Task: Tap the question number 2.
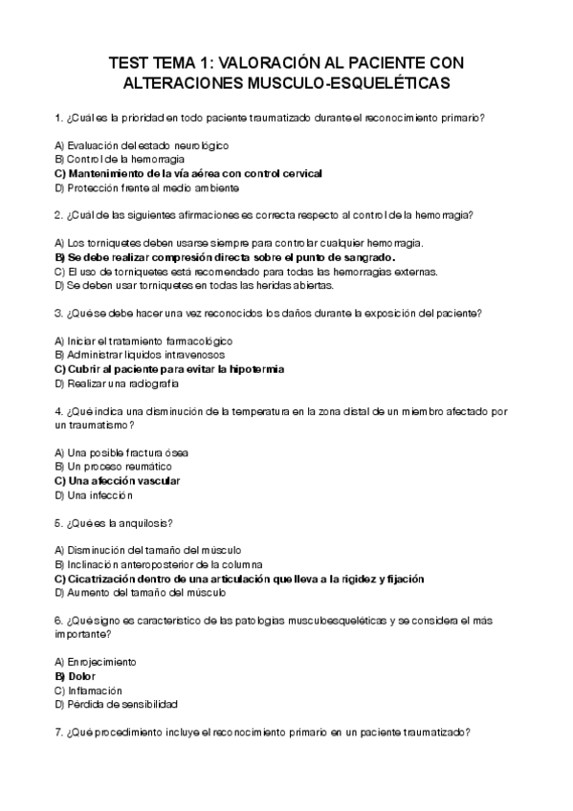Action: (x=58, y=214)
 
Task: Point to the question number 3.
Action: (x=58, y=313)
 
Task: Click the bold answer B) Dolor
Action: (x=82, y=676)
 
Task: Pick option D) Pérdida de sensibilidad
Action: (x=117, y=704)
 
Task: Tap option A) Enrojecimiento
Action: (x=96, y=662)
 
